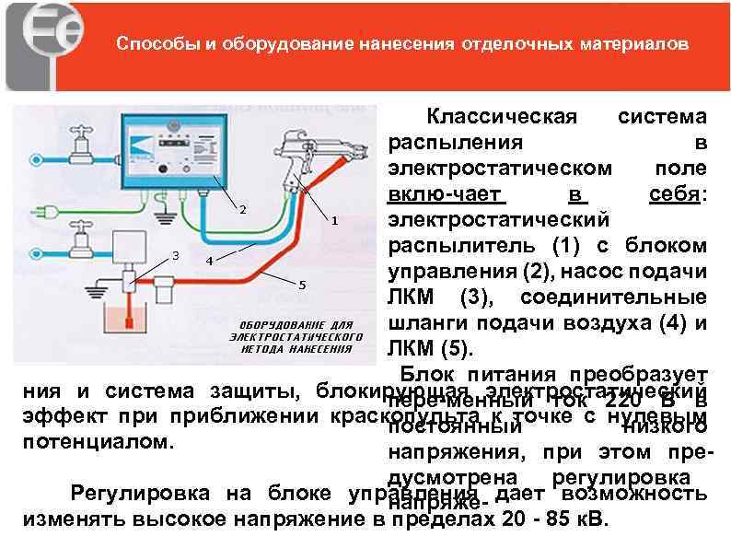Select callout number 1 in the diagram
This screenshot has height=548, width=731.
click(334, 221)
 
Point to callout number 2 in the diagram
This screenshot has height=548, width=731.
click(242, 210)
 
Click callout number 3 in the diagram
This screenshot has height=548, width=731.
click(176, 254)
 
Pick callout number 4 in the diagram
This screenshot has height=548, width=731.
click(209, 261)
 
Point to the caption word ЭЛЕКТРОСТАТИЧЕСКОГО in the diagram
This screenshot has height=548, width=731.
click(291, 337)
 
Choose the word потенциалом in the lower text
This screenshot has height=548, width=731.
click(96, 441)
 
